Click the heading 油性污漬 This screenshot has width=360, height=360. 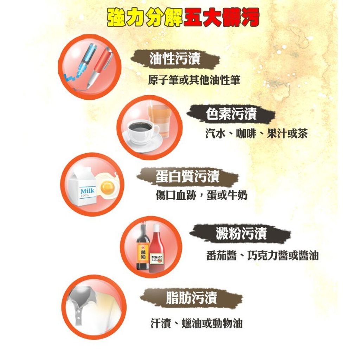click(175, 59)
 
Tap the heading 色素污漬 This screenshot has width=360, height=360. click(231, 114)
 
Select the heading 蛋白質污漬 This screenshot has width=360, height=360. click(188, 176)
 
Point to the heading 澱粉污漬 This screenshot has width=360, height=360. click(241, 233)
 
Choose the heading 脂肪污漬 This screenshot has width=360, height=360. click(192, 297)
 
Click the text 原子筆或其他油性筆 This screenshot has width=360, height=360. click(194, 80)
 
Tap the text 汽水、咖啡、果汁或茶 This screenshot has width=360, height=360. click(256, 133)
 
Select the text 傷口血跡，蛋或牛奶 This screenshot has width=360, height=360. click(201, 195)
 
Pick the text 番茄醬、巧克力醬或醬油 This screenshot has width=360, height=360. click(262, 256)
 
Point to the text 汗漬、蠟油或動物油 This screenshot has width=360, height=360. click(197, 323)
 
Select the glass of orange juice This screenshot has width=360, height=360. click(159, 120)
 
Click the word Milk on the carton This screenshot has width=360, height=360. click(87, 191)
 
